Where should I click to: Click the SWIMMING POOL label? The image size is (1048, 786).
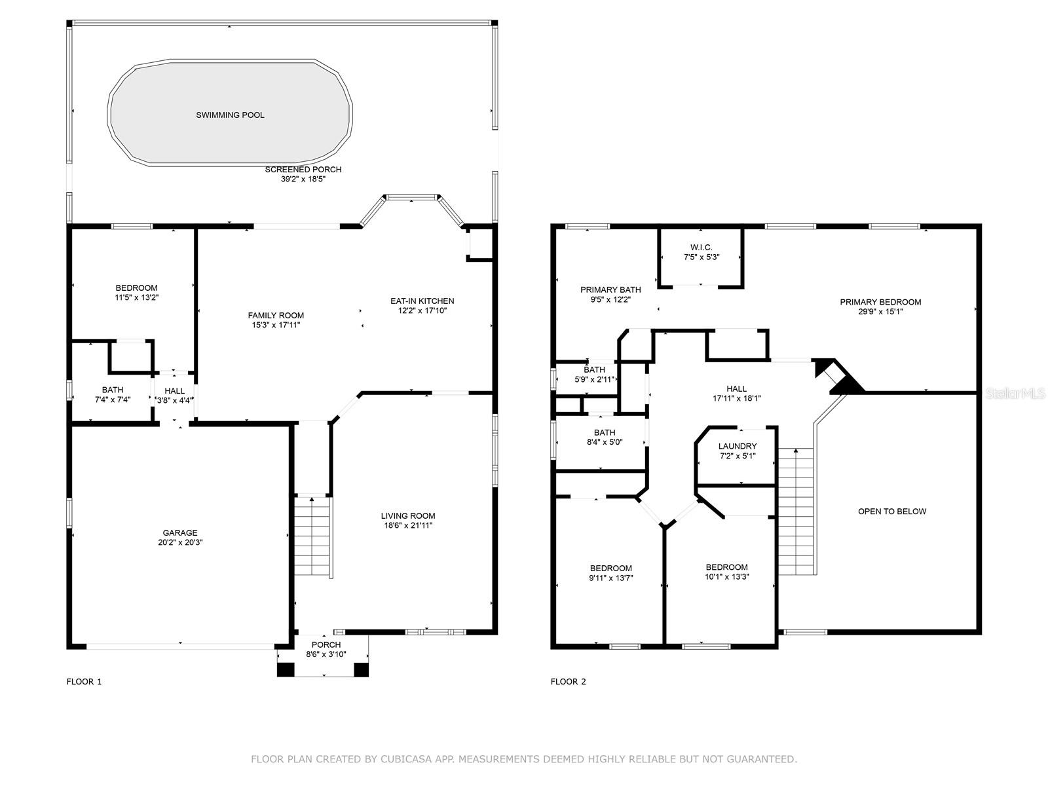(230, 115)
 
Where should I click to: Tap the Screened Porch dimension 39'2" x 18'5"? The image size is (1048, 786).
(303, 179)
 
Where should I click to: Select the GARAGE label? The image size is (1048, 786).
(180, 533)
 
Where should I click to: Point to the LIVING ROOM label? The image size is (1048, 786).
(408, 515)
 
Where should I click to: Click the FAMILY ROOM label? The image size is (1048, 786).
(276, 315)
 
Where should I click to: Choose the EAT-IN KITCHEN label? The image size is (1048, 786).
(422, 301)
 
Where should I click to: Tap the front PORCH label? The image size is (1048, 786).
(326, 645)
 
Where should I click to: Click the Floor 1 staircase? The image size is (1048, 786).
(312, 536)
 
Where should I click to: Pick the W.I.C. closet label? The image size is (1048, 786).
(701, 247)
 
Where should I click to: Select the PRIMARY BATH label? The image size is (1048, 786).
(610, 290)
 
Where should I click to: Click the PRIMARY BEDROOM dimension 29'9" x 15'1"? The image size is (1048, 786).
(880, 312)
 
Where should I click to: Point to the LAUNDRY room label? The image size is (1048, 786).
(737, 446)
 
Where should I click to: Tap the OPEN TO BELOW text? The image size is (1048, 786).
(892, 511)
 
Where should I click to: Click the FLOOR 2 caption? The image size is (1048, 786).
(568, 681)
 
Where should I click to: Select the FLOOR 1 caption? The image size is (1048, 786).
(84, 681)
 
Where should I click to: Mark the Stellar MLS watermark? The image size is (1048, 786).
(1015, 393)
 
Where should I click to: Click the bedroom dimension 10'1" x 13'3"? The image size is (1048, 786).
(726, 576)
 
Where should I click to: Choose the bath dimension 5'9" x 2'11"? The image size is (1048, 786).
(594, 379)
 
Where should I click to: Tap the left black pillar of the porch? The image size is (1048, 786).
(286, 669)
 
